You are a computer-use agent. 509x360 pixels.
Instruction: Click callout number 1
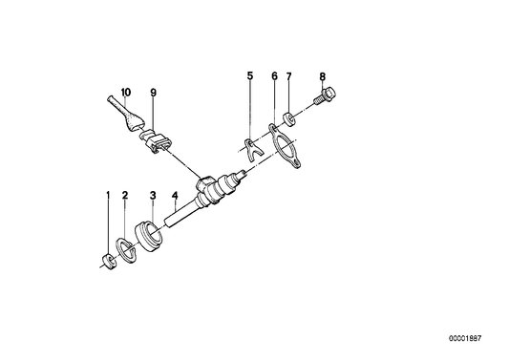pyautogui.click(x=108, y=197)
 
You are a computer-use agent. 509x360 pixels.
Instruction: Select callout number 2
pyautogui.click(x=126, y=197)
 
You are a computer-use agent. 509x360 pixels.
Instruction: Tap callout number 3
pyautogui.click(x=152, y=197)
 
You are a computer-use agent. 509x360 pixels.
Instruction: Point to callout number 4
pyautogui.click(x=175, y=197)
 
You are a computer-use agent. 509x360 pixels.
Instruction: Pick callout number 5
pyautogui.click(x=250, y=74)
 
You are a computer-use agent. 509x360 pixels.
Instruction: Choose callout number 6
pyautogui.click(x=274, y=74)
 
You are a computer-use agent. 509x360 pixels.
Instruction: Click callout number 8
pyautogui.click(x=322, y=74)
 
